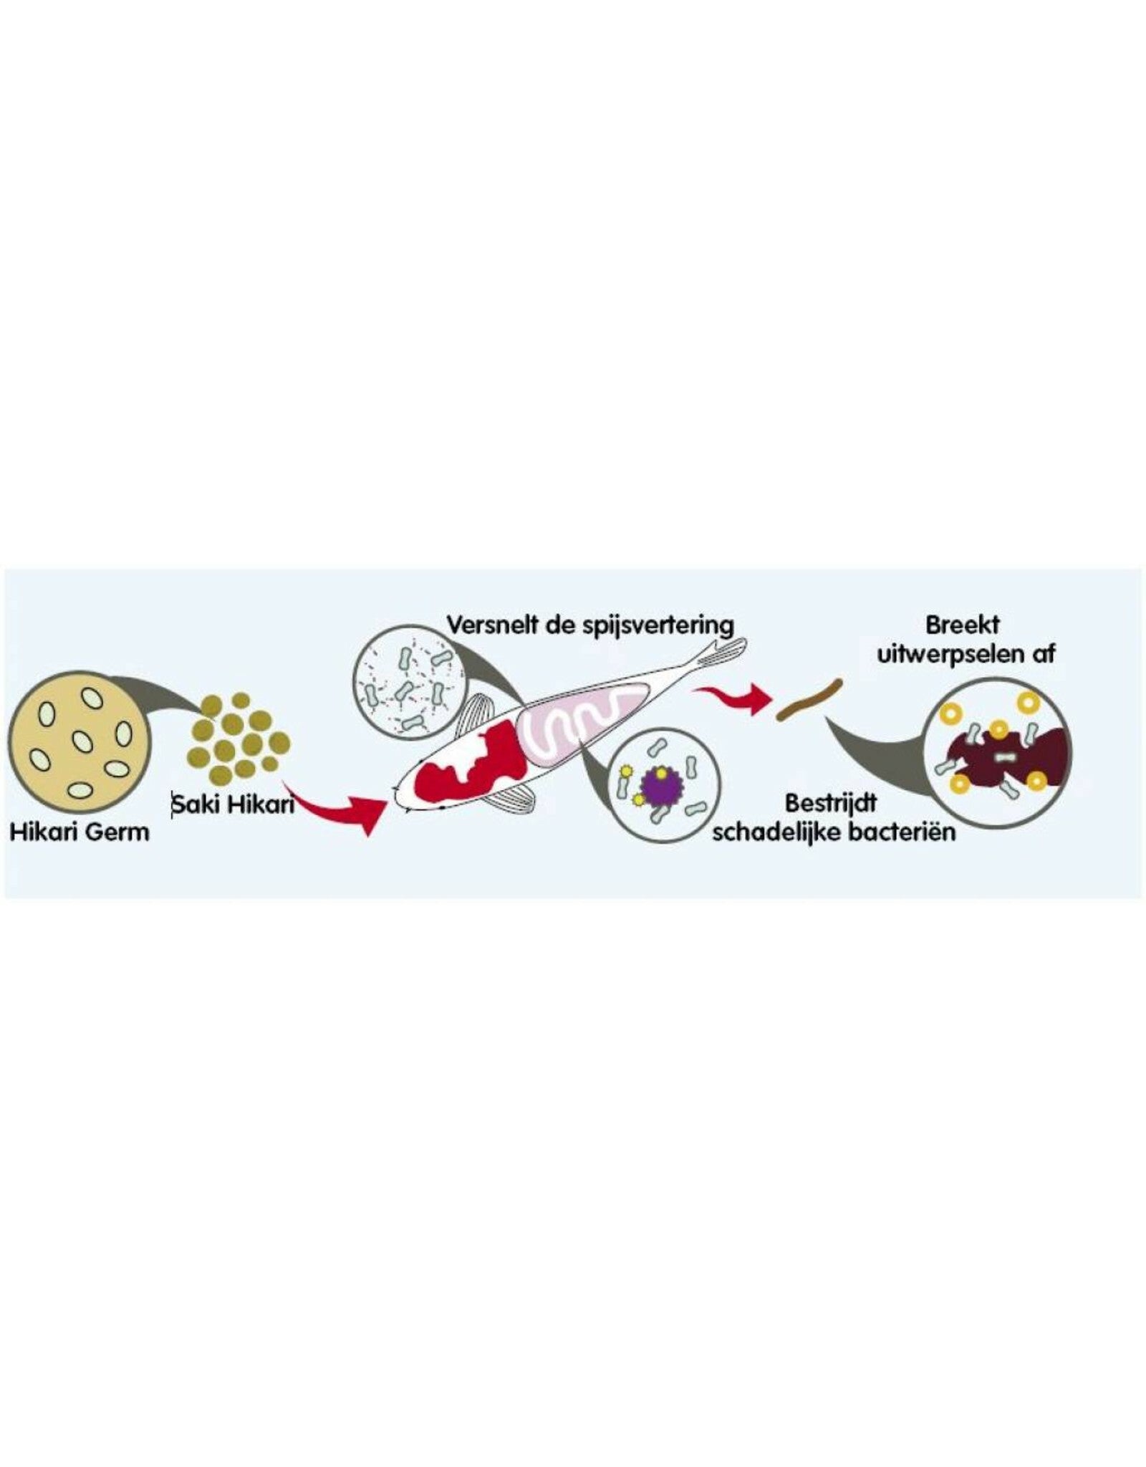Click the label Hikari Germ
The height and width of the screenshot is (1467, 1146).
tap(80, 832)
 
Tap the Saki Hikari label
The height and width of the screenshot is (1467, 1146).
tap(233, 804)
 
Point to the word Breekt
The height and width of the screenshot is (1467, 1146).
tap(962, 625)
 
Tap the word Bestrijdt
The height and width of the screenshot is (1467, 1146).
tap(830, 803)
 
